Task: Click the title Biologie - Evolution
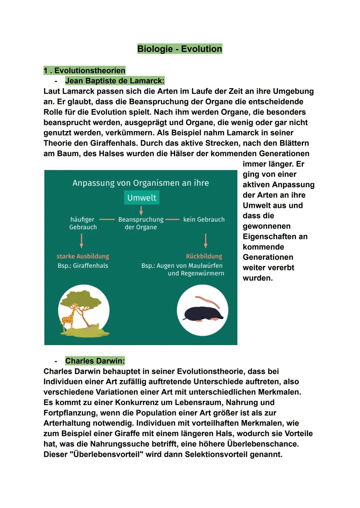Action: point(179,49)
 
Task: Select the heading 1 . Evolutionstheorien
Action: point(84,70)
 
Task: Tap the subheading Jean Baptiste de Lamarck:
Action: point(115,81)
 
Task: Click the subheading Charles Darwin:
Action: point(95,361)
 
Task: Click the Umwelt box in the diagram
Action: point(142,198)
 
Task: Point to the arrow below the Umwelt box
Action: point(141,210)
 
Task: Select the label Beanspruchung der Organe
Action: point(141,223)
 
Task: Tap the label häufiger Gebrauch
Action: point(83,223)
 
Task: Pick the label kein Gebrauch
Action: point(204,220)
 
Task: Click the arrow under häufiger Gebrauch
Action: point(82,241)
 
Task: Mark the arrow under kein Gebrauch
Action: point(206,241)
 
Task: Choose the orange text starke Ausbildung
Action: point(83,256)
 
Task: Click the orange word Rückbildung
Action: point(204,256)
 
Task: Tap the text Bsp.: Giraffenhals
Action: point(83,265)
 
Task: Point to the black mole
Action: point(200,314)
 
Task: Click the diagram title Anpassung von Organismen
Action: point(141,183)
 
